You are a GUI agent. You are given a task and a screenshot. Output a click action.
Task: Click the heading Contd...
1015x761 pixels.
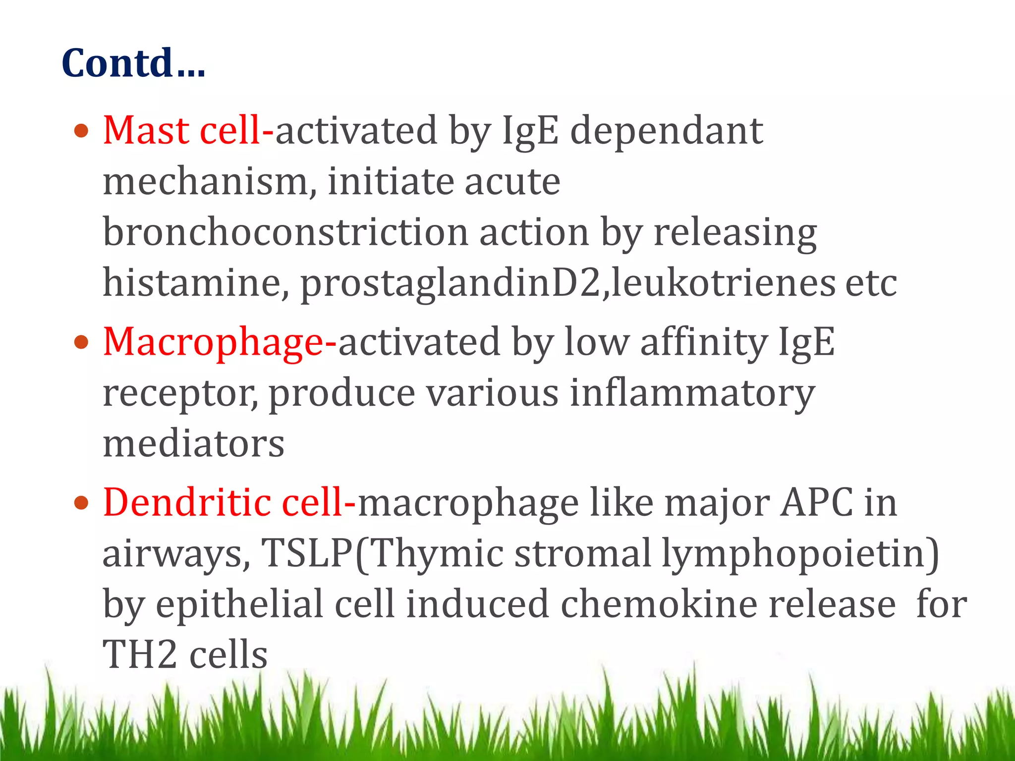click(x=133, y=63)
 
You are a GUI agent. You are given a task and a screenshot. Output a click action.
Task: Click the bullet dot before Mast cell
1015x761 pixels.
click(x=81, y=132)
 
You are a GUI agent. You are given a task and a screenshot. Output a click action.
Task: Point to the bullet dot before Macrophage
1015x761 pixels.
click(x=81, y=342)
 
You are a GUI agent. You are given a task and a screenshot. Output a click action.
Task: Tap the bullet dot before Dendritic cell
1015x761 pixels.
click(x=81, y=503)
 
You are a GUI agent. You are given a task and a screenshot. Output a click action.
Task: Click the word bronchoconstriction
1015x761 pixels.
click(x=285, y=233)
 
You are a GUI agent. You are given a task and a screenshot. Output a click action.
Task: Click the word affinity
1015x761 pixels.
click(x=704, y=342)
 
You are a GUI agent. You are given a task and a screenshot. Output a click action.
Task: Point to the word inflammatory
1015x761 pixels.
click(x=692, y=393)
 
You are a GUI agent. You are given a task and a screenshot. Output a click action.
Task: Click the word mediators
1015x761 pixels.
click(x=193, y=444)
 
